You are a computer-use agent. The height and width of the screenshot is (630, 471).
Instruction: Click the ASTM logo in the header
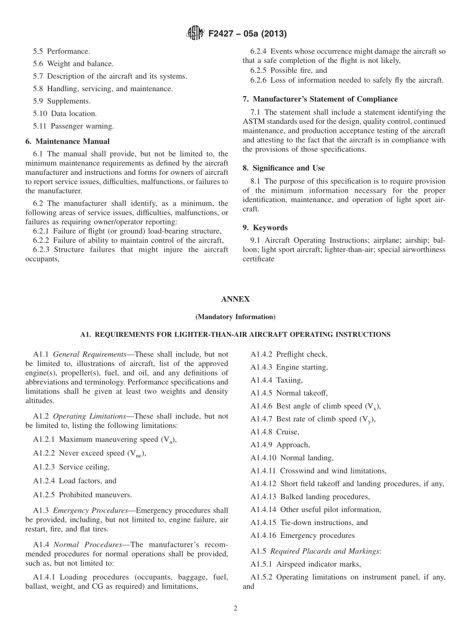tap(194, 34)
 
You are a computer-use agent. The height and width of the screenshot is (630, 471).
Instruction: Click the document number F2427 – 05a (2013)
tap(246, 34)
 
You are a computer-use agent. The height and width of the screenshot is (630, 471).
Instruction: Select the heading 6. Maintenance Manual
tap(67, 142)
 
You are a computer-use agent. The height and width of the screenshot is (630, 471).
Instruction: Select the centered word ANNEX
tap(235, 300)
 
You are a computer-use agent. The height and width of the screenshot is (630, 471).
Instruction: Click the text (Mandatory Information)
tap(235, 317)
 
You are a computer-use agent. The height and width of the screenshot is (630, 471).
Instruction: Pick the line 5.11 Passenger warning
tap(73, 126)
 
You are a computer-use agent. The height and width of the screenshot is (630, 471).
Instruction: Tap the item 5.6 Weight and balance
tap(73, 64)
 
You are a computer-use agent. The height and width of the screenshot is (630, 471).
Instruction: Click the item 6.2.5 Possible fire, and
tap(289, 70)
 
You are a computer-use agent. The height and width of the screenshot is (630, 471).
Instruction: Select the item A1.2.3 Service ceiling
tap(71, 467)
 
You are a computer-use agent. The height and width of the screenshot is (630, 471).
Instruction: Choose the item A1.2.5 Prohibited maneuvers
tap(82, 495)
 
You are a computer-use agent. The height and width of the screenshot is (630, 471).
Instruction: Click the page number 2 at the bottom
tap(235, 609)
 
